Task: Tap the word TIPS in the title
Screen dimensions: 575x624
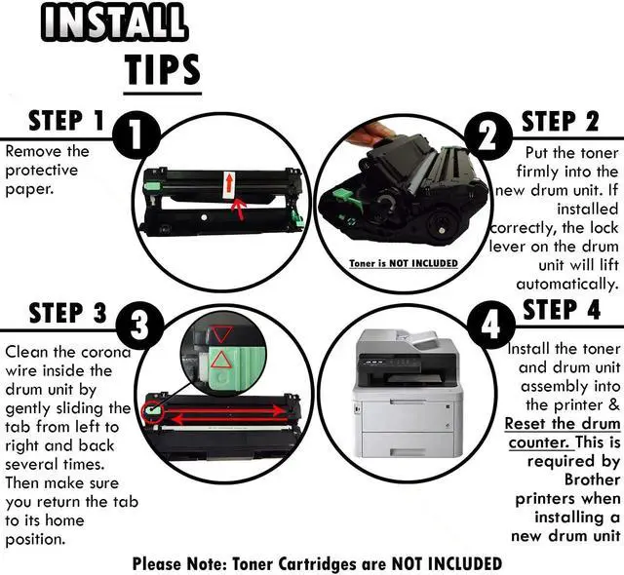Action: (x=162, y=69)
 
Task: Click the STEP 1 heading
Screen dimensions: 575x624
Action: (x=65, y=121)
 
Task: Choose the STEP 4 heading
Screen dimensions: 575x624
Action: (x=562, y=311)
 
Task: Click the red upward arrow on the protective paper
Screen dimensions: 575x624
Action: (x=228, y=182)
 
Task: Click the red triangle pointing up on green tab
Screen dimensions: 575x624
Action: (x=221, y=360)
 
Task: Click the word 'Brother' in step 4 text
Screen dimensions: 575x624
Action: (x=592, y=479)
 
